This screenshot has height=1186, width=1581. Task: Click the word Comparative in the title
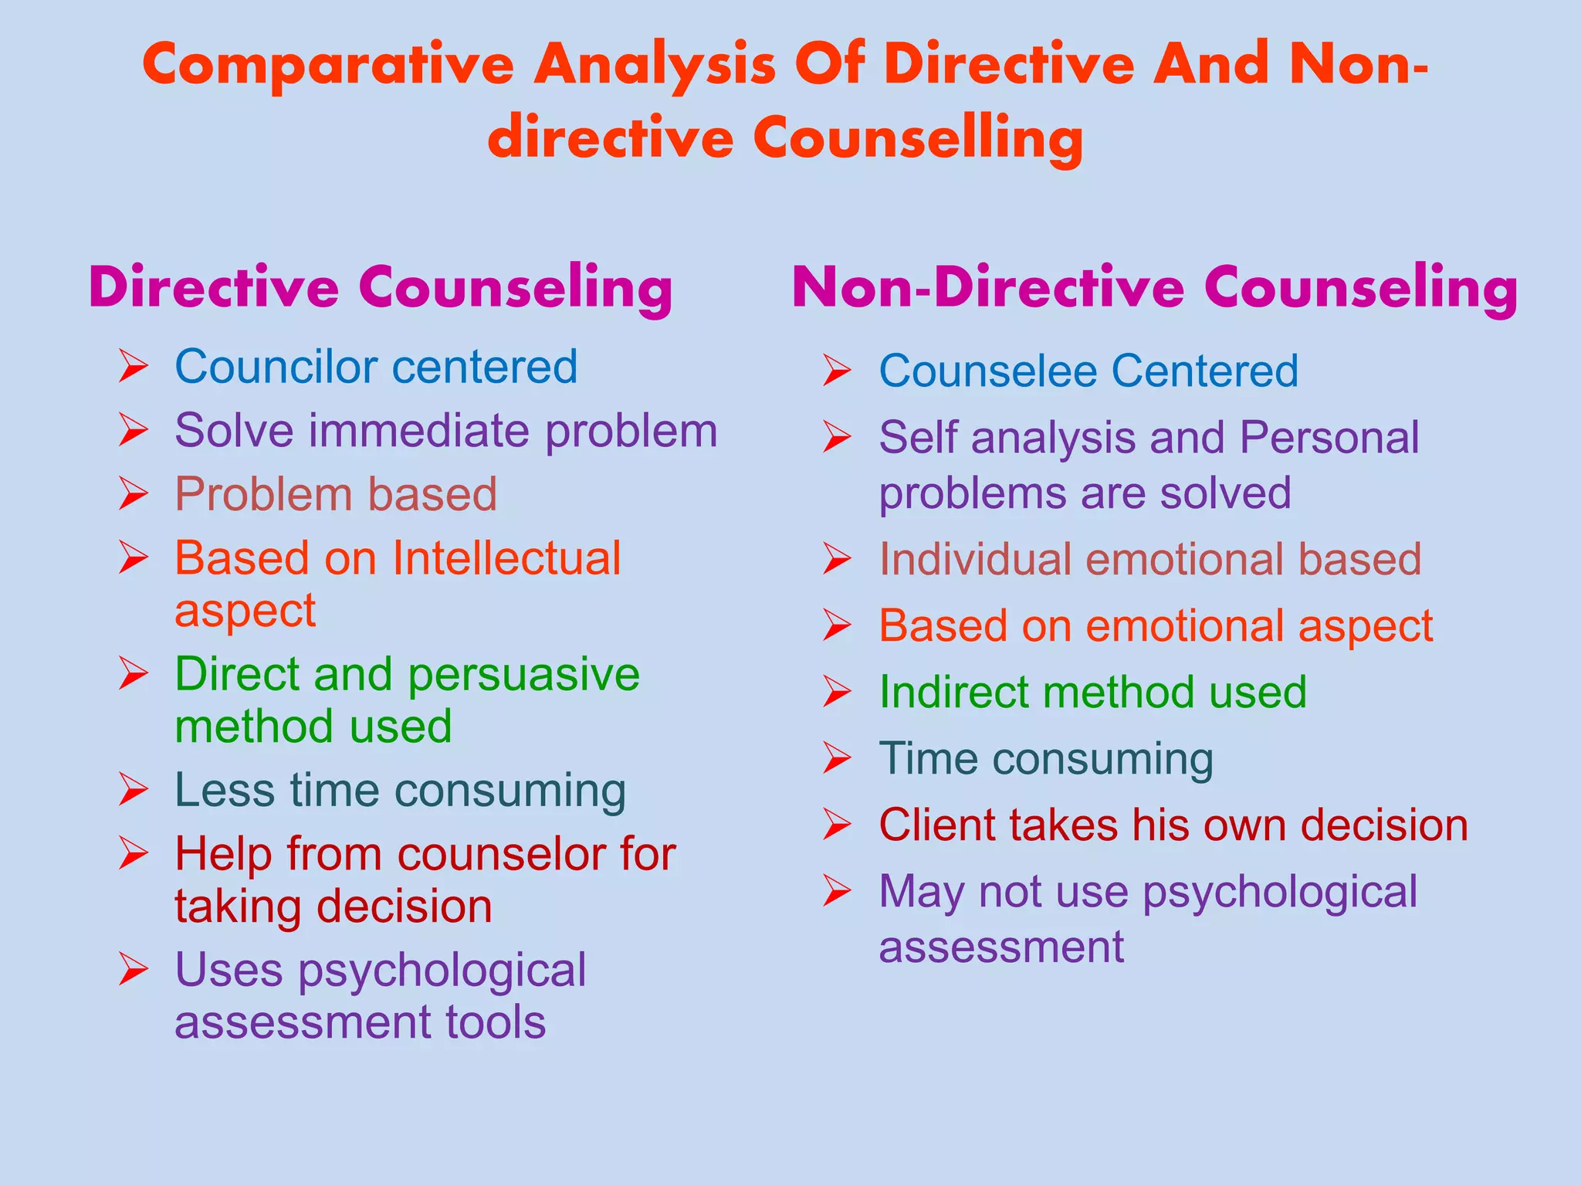[x=328, y=66]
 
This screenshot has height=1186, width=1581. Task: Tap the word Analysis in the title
[x=655, y=66]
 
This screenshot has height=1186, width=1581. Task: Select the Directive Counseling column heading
[x=381, y=288]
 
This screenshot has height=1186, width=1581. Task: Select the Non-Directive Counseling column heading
[x=1155, y=288]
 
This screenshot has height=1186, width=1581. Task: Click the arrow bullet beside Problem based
[x=134, y=494]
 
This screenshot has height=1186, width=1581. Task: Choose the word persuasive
[x=523, y=675]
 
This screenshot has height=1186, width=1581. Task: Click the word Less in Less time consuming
[x=225, y=791]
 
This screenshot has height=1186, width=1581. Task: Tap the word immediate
[x=419, y=431]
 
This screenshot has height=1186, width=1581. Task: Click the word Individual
[x=976, y=559]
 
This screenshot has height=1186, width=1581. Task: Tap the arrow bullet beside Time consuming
[x=837, y=758]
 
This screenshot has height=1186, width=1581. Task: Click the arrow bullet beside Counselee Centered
[x=837, y=371]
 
